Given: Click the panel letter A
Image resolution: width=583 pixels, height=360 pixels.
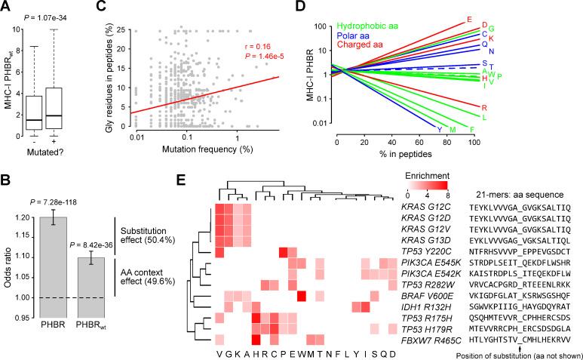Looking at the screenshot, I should click(5, 7).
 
